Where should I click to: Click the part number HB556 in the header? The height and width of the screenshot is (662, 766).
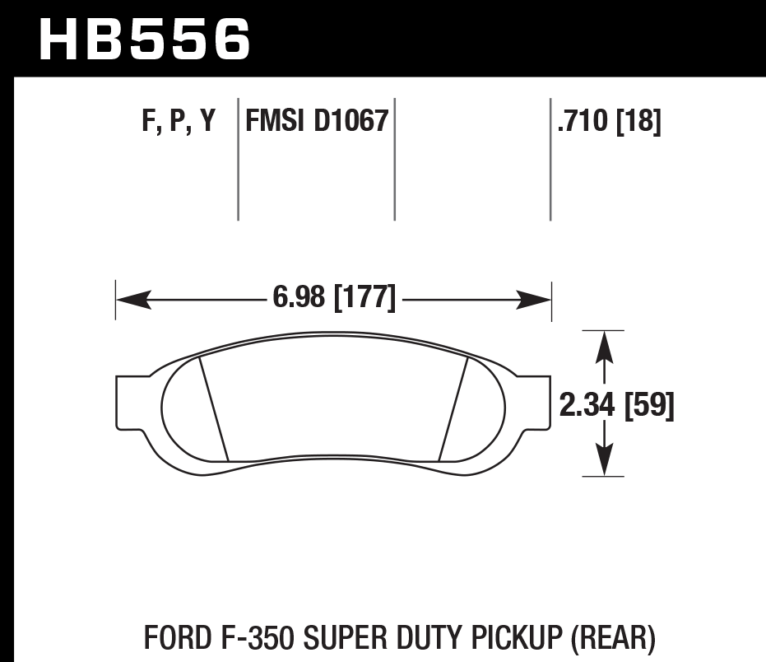pyautogui.click(x=144, y=39)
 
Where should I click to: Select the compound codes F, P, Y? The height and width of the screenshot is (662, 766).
pyautogui.click(x=179, y=122)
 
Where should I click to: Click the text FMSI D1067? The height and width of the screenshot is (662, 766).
pyautogui.click(x=316, y=122)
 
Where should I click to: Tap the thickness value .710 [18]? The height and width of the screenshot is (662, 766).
pyautogui.click(x=609, y=122)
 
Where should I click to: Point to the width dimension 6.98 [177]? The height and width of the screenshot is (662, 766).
pyautogui.click(x=333, y=296)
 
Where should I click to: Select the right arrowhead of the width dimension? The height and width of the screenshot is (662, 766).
pyautogui.click(x=533, y=298)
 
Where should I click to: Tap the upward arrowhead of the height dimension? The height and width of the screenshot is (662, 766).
pyautogui.click(x=605, y=346)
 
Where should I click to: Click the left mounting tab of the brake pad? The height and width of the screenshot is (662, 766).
pyautogui.click(x=132, y=402)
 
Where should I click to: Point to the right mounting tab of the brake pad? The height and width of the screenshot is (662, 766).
pyautogui.click(x=533, y=402)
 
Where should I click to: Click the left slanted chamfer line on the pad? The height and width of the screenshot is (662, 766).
pyautogui.click(x=214, y=408)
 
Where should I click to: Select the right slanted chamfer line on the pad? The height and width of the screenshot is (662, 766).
pyautogui.click(x=454, y=408)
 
